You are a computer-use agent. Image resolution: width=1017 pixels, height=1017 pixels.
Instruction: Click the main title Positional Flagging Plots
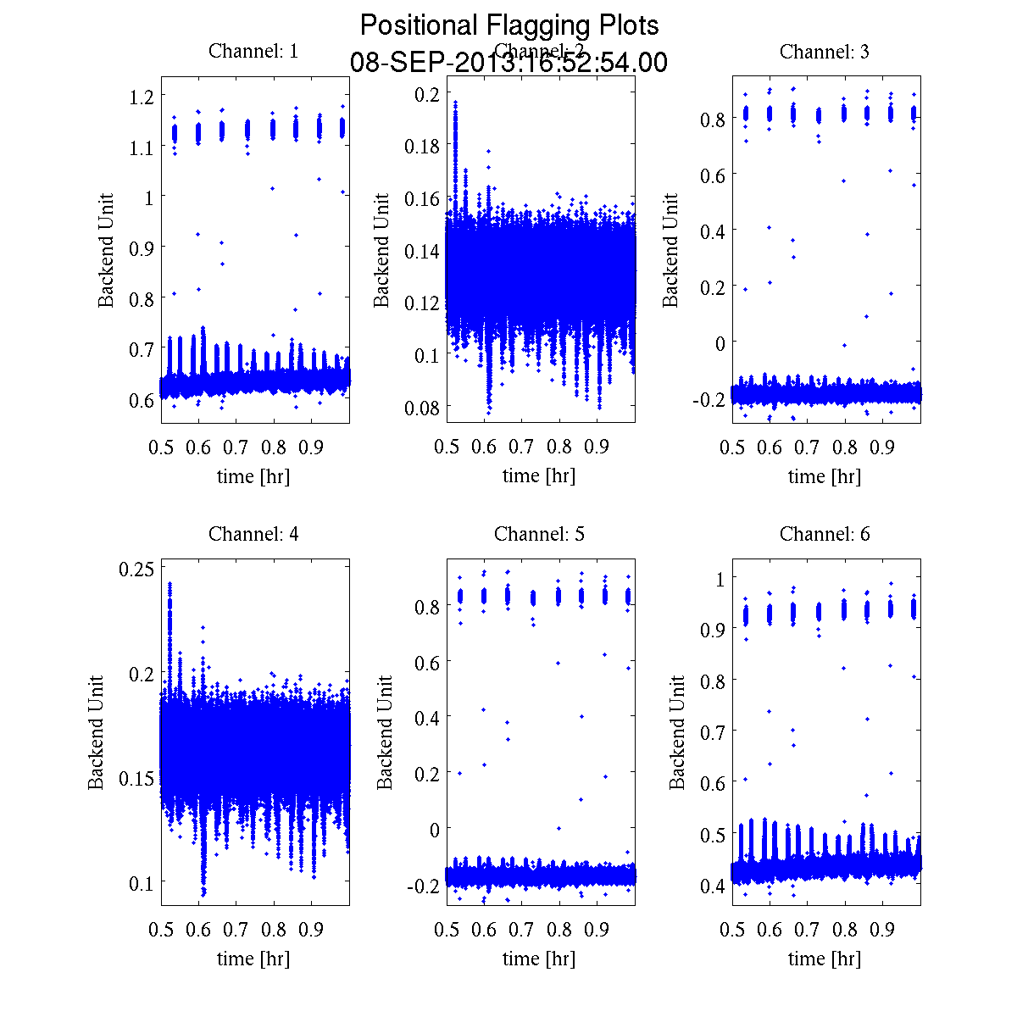click(x=508, y=25)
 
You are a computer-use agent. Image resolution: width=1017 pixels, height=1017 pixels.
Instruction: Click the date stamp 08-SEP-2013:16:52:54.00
click(x=508, y=63)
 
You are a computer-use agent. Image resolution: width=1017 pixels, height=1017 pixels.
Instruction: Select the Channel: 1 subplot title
click(x=253, y=51)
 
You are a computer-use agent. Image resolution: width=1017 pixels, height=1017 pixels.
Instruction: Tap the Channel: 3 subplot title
click(x=824, y=51)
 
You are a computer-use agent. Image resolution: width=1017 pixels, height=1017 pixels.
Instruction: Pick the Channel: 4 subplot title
click(x=253, y=534)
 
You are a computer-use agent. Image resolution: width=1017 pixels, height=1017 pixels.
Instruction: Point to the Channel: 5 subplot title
click(x=539, y=534)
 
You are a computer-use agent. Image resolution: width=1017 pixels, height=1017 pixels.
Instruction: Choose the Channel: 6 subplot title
click(x=824, y=534)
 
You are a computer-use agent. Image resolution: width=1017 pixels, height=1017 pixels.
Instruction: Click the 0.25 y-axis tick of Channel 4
click(x=138, y=568)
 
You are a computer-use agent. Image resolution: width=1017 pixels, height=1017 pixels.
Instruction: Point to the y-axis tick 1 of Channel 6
click(x=720, y=579)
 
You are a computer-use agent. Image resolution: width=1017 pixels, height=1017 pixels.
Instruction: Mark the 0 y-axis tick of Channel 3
click(x=720, y=343)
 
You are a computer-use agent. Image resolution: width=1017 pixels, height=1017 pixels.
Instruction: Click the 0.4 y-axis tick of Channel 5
click(x=428, y=718)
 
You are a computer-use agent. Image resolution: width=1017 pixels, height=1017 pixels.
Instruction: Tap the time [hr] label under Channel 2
click(x=539, y=475)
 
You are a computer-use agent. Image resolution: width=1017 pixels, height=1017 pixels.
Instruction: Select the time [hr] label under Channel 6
click(x=824, y=959)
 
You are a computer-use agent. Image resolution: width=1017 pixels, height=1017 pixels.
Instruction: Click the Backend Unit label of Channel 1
click(x=106, y=250)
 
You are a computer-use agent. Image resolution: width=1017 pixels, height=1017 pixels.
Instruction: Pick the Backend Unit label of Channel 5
click(x=386, y=733)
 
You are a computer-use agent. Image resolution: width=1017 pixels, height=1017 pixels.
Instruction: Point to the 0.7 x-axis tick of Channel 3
click(x=808, y=447)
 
